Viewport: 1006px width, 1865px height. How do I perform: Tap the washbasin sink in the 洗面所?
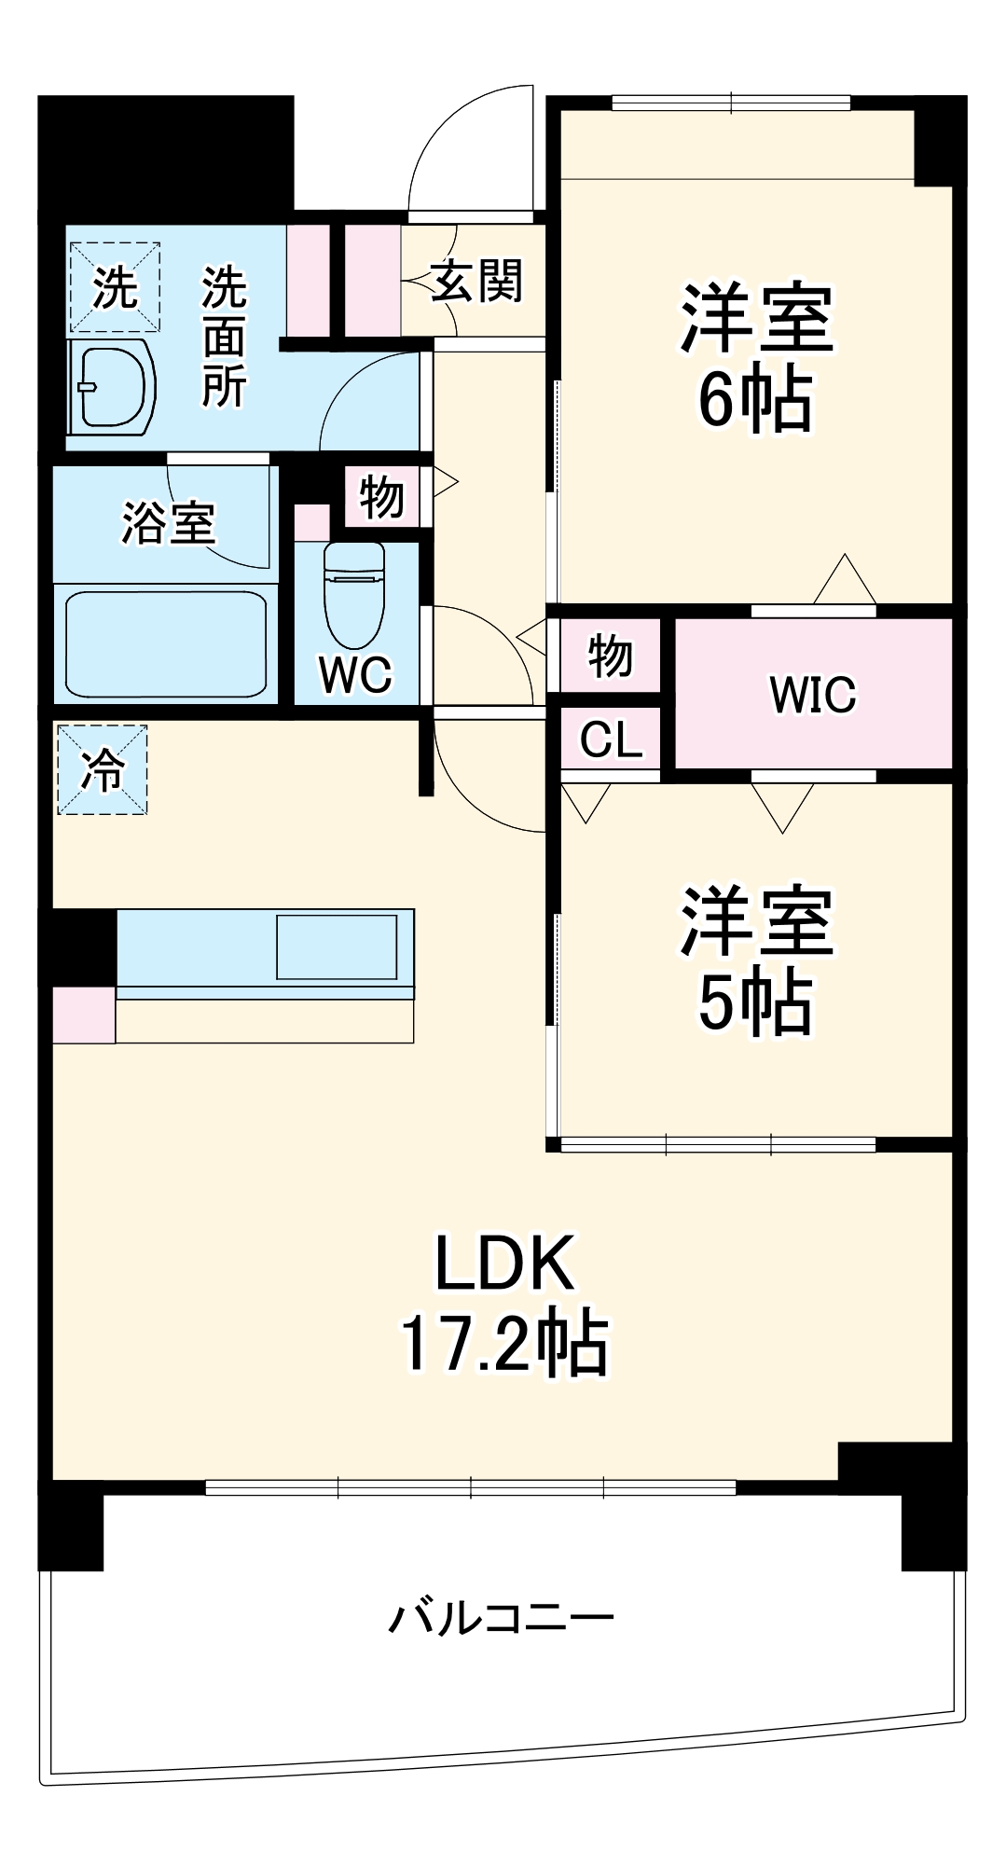[x=112, y=387]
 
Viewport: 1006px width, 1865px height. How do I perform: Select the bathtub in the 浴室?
[x=166, y=643]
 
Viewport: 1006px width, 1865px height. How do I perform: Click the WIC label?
[x=812, y=695]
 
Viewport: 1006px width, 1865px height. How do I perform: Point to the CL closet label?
[x=611, y=740]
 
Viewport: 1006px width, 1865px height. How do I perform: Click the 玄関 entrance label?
[x=476, y=280]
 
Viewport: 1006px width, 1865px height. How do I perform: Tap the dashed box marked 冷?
[x=103, y=770]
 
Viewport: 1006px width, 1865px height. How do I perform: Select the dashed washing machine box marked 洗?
[x=116, y=287]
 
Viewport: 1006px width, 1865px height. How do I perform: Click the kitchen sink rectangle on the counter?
[x=337, y=946]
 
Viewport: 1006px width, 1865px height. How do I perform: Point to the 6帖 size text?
[x=755, y=402]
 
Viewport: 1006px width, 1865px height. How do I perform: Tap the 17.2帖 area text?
[x=503, y=1344]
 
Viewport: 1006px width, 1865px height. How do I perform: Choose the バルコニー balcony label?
[x=501, y=1618]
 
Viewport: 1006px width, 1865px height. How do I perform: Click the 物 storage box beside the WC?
[x=381, y=497]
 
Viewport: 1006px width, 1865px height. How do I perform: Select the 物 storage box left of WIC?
[x=610, y=656]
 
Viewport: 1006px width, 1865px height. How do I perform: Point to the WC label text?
[x=355, y=673]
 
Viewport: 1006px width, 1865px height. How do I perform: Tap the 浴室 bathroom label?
[x=169, y=523]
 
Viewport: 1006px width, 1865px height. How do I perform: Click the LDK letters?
[x=504, y=1264]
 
